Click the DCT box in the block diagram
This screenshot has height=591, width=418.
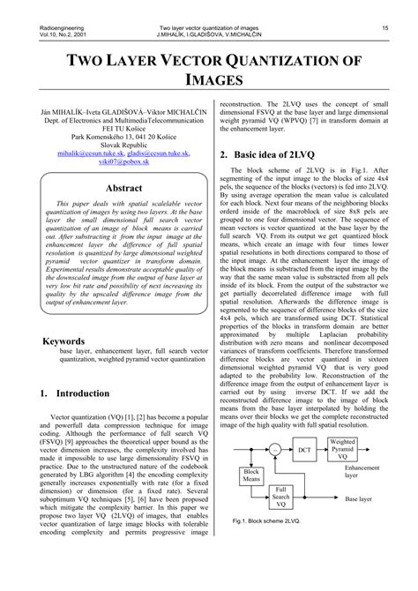304,450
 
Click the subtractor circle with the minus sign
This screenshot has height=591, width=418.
275,450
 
